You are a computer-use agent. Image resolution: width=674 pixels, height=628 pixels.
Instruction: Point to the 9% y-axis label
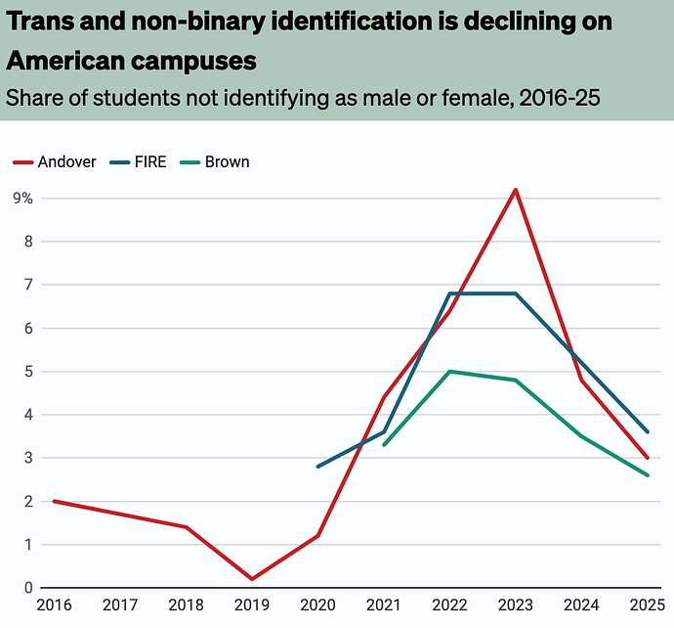[22, 198]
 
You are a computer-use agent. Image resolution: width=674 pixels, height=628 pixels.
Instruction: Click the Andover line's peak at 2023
[515, 190]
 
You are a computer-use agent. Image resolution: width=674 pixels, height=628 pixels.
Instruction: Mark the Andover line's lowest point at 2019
[251, 579]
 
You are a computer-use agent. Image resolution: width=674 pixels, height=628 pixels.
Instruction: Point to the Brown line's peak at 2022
[449, 372]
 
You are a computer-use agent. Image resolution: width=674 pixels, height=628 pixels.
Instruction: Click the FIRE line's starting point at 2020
[317, 467]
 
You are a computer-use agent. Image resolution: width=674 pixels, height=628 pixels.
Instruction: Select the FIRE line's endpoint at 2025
[647, 431]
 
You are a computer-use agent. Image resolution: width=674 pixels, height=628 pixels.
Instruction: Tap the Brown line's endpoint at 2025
[647, 475]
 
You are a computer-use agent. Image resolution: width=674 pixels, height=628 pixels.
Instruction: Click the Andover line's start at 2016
[54, 501]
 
